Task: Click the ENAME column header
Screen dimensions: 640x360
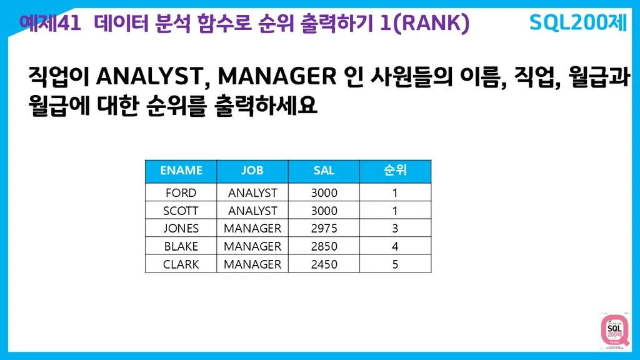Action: point(181,171)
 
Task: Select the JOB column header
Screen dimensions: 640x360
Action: point(252,171)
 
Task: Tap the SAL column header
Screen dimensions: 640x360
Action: point(324,171)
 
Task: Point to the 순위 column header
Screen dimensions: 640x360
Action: point(395,171)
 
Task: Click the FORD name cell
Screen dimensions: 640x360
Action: point(181,192)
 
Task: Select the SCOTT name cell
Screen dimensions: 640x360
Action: point(181,211)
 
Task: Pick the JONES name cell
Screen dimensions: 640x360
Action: point(181,228)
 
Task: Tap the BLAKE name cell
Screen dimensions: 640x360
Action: point(181,246)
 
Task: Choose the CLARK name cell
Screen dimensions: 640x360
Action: point(181,264)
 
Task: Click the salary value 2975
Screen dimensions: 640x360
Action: point(324,228)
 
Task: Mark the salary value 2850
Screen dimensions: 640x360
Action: point(324,246)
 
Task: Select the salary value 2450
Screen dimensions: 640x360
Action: point(324,264)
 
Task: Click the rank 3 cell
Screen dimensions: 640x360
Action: point(395,228)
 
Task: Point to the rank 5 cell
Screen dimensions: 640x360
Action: point(395,264)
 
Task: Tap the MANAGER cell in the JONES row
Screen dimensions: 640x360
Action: point(252,228)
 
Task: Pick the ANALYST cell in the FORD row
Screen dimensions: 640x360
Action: point(252,192)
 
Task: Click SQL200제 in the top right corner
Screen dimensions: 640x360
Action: point(577,22)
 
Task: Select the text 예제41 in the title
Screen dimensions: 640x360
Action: point(50,23)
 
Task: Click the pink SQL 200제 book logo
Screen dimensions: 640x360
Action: point(614,330)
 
